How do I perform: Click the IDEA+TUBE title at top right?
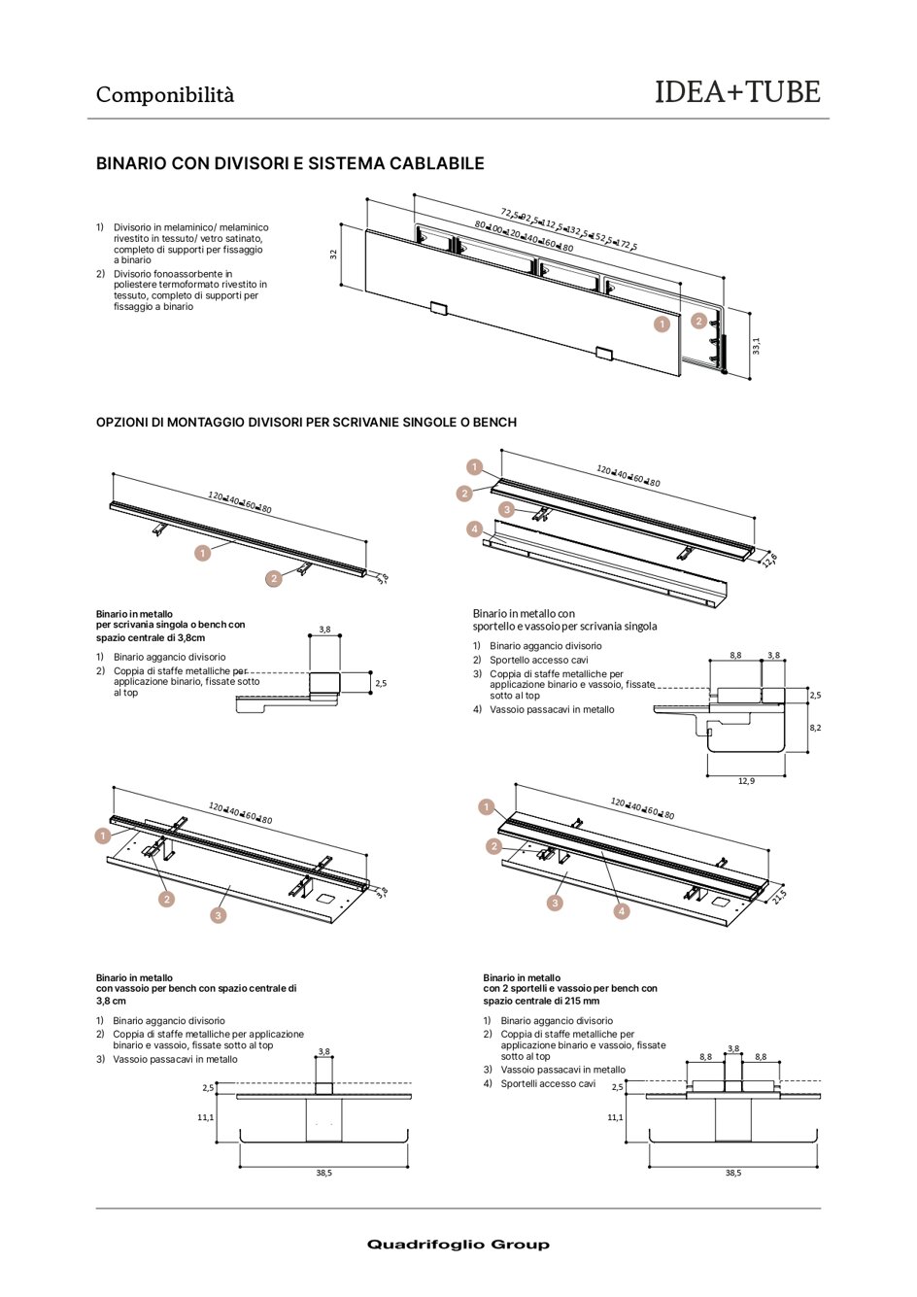pyautogui.click(x=737, y=92)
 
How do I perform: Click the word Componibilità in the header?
pyautogui.click(x=165, y=95)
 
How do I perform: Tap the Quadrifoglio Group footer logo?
pyautogui.click(x=458, y=1245)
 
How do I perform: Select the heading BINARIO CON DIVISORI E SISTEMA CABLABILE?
pyautogui.click(x=289, y=163)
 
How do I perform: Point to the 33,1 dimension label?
pyautogui.click(x=756, y=346)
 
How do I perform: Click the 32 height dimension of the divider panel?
pyautogui.click(x=333, y=255)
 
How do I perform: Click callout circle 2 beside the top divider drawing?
pyautogui.click(x=698, y=321)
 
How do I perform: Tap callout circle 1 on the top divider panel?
pyautogui.click(x=662, y=324)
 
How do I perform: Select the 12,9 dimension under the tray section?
pyautogui.click(x=746, y=780)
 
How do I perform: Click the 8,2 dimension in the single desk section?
pyautogui.click(x=815, y=727)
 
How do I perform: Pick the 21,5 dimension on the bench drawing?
pyautogui.click(x=779, y=896)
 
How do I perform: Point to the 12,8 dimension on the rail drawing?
pyautogui.click(x=769, y=560)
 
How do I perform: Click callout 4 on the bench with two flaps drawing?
pyautogui.click(x=622, y=911)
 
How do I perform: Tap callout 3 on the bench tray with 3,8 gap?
pyautogui.click(x=219, y=915)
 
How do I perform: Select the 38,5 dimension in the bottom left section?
pyautogui.click(x=323, y=1173)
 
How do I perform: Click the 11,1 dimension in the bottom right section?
pyautogui.click(x=615, y=1117)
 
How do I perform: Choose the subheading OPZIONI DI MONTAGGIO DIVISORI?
pyautogui.click(x=306, y=423)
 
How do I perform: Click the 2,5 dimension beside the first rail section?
pyautogui.click(x=381, y=683)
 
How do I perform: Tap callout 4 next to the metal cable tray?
pyautogui.click(x=474, y=529)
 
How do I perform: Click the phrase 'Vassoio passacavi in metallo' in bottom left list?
pyautogui.click(x=175, y=1059)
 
